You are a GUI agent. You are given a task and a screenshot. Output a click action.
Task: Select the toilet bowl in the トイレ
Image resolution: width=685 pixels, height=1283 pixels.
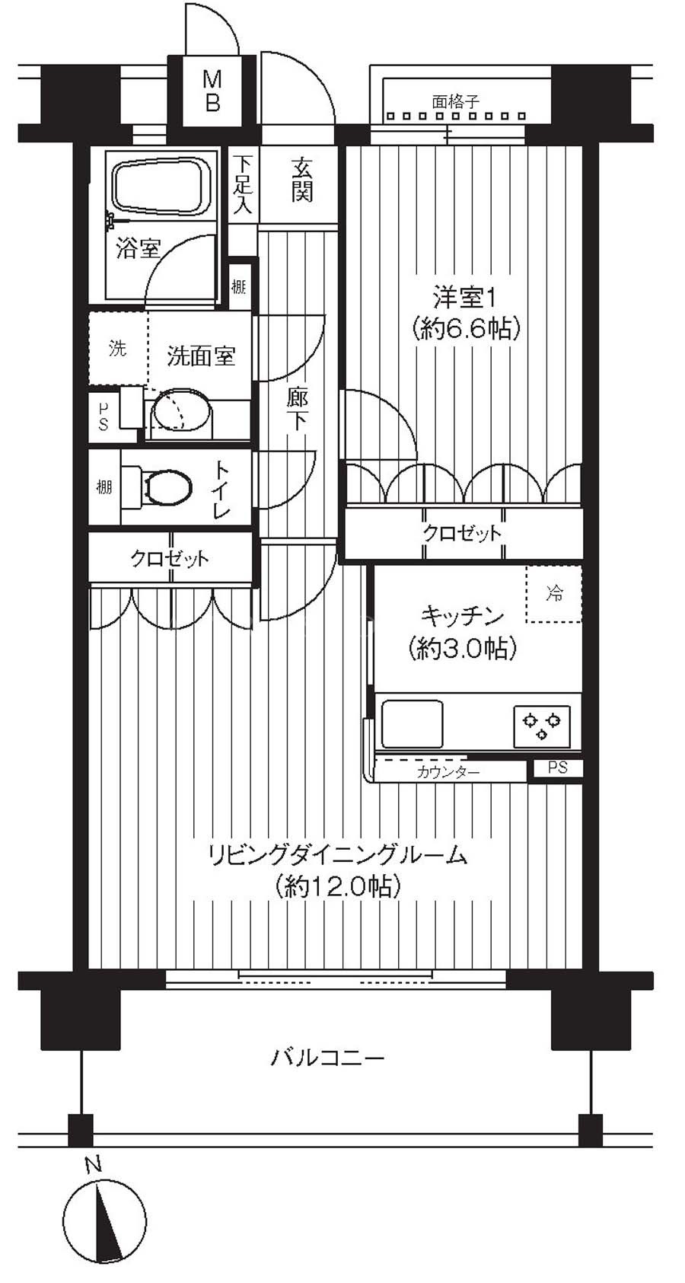click(167, 487)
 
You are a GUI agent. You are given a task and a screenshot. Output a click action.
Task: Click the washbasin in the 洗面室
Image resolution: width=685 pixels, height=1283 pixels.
click(179, 410)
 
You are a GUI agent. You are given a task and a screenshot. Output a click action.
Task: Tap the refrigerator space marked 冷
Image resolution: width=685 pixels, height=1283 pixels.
click(554, 593)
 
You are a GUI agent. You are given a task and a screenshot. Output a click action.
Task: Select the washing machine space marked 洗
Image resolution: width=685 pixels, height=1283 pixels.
click(118, 348)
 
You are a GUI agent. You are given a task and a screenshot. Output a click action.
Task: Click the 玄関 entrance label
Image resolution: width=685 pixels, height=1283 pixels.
click(302, 180)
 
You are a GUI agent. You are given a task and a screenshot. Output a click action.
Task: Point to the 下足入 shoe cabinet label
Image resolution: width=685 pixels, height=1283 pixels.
click(243, 185)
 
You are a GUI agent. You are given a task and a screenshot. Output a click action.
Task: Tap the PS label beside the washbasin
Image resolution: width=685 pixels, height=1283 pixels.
click(104, 417)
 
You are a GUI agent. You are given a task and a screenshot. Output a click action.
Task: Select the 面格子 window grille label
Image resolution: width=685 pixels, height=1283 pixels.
click(455, 102)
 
